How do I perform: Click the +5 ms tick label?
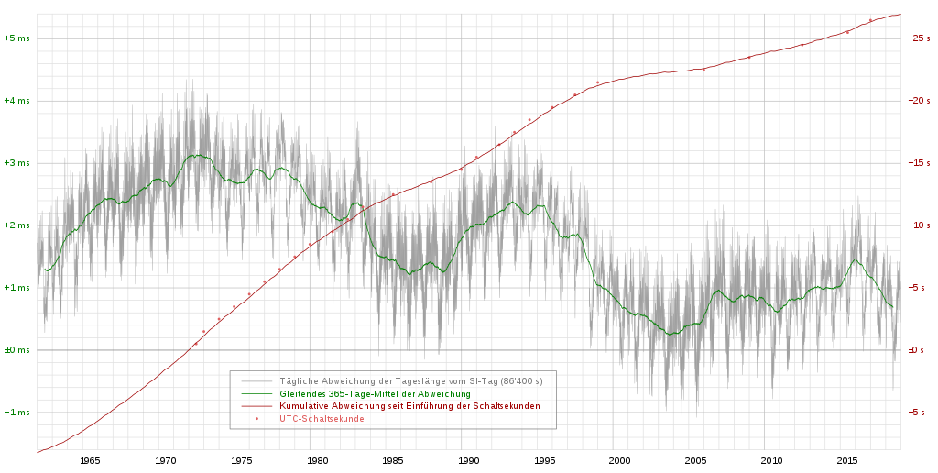(x=16, y=38)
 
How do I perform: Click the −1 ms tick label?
(x=16, y=412)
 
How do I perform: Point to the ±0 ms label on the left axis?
(x=16, y=350)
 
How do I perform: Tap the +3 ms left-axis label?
(x=16, y=163)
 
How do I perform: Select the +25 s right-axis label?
(x=919, y=38)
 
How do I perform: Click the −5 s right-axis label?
(x=919, y=412)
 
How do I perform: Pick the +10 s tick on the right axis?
(x=919, y=225)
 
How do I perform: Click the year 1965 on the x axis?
(x=90, y=461)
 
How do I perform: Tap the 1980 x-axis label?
(x=317, y=461)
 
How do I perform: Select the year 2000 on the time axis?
(x=620, y=461)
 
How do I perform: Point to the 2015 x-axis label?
(x=847, y=461)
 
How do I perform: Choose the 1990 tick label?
(x=468, y=461)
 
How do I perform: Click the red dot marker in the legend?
(x=256, y=419)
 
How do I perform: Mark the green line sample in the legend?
(x=256, y=393)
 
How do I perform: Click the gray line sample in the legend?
(x=256, y=380)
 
